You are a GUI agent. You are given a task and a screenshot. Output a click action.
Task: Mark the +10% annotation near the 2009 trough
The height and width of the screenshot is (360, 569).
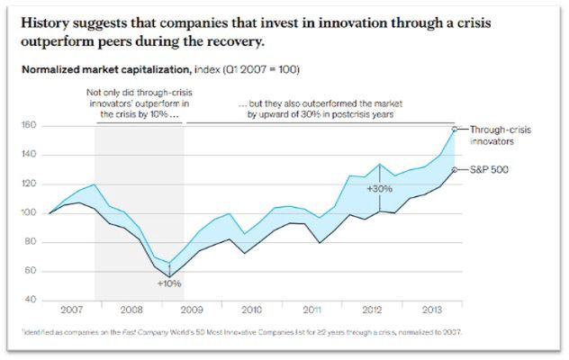tap(168, 283)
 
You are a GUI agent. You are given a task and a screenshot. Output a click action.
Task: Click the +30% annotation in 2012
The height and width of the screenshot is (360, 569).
tap(380, 189)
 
